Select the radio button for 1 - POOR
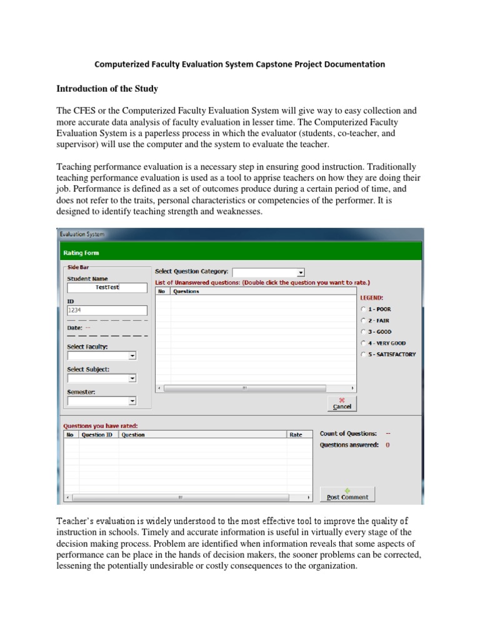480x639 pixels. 364,309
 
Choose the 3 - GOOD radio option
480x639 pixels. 364,332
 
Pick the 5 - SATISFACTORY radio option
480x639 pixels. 364,354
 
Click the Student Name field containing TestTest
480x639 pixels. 107,288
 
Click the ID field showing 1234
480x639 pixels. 107,310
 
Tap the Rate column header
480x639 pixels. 296,434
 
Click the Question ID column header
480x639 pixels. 97,434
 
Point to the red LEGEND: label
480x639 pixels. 371,298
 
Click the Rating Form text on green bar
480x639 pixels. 81,253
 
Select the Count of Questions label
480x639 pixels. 348,433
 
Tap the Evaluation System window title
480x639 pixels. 82,234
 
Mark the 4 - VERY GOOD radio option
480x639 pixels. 364,343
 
